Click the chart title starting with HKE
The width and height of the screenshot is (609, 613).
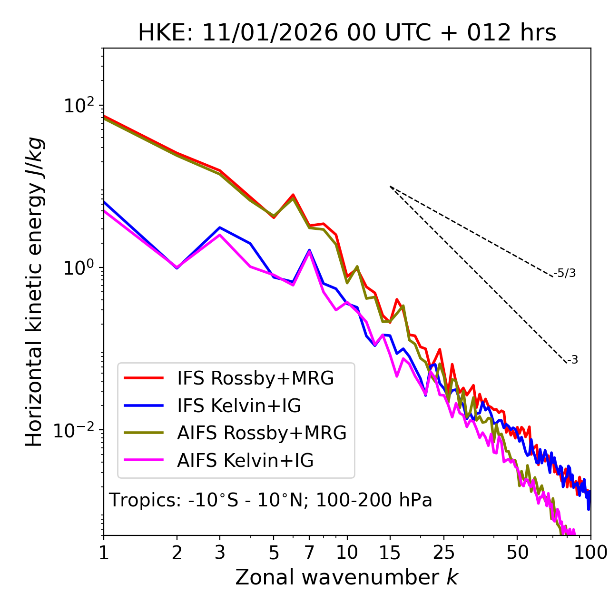point(347,33)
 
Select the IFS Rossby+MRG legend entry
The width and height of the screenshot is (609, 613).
point(255,378)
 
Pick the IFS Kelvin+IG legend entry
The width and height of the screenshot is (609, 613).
point(239,406)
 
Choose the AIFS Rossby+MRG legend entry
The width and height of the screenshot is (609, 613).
point(261,433)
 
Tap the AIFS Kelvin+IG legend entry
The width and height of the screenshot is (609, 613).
point(245,461)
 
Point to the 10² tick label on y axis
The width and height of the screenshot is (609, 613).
point(79,106)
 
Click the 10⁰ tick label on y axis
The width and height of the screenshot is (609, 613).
point(79,268)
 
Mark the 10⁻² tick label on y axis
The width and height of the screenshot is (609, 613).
point(76,430)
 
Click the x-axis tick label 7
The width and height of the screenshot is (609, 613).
point(309,553)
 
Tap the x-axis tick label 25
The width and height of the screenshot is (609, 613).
point(444,553)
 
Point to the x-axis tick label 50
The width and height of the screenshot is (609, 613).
point(517,553)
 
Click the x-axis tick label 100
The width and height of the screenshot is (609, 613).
point(590,553)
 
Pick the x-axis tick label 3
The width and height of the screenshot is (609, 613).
point(220,553)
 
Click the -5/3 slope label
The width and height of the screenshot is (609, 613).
point(565,274)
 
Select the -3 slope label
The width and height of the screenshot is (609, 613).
point(572,360)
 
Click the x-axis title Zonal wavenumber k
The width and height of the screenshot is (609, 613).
point(346,577)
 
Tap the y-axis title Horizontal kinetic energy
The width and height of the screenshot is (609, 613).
point(35,292)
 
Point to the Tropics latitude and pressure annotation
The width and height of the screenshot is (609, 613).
point(270,501)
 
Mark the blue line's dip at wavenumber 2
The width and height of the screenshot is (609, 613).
point(177,268)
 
